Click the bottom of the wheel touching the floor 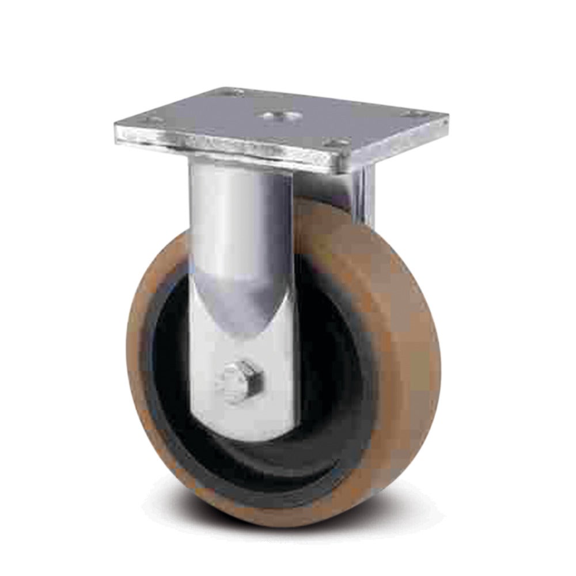288,518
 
